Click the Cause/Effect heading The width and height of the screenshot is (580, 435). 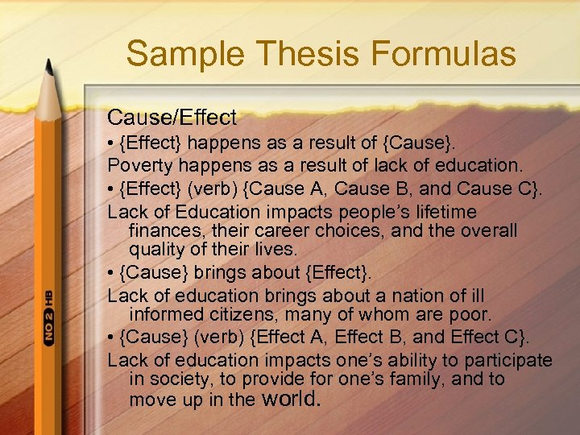coord(172,118)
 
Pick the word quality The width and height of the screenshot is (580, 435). coord(159,250)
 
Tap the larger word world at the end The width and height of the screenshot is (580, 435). coord(292,397)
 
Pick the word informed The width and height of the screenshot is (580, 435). coord(167,314)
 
